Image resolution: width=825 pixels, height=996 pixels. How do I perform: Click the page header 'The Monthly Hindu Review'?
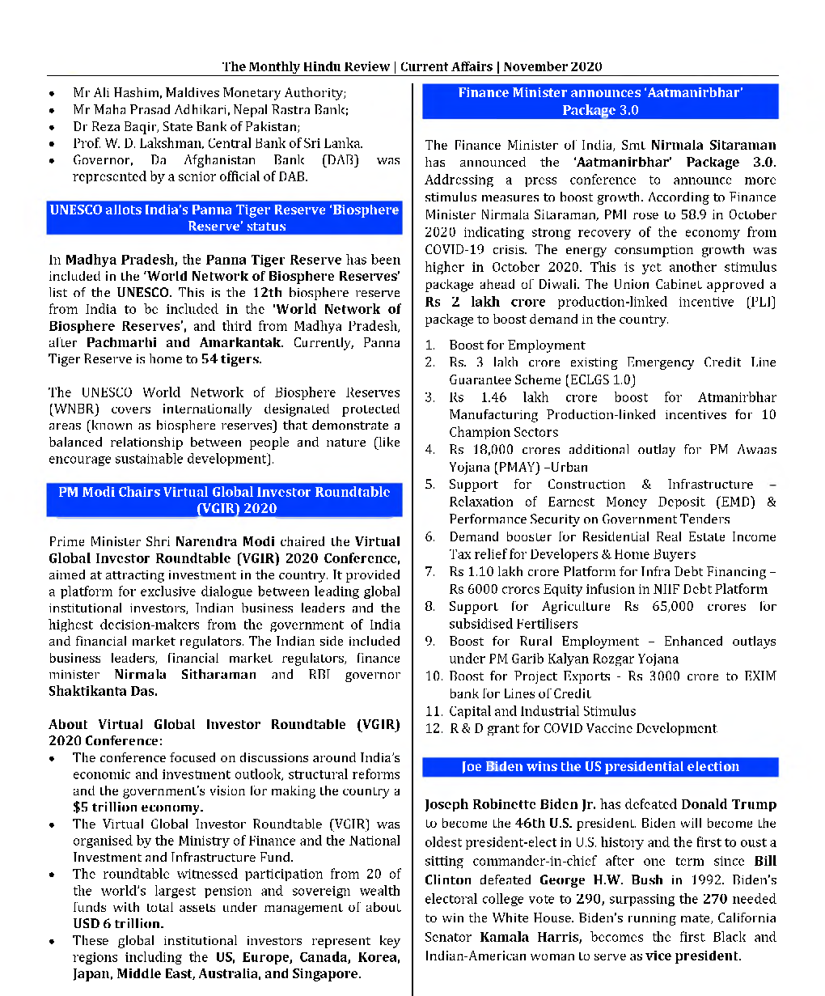307,66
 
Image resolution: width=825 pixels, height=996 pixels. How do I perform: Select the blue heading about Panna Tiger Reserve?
225,218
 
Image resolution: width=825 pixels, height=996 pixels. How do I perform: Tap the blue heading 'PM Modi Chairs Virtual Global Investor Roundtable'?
225,500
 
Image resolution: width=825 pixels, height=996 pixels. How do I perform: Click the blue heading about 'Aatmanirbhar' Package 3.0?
600,101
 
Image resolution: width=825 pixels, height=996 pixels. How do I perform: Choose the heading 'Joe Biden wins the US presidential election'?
600,766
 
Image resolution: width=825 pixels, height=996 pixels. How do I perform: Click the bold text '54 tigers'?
231,359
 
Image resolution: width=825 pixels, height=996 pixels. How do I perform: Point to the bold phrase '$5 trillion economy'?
137,807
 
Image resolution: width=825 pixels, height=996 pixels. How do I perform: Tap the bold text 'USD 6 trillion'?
118,923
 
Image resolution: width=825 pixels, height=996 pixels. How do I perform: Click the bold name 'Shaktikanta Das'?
103,691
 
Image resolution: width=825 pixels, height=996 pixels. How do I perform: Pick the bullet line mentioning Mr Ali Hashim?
209,93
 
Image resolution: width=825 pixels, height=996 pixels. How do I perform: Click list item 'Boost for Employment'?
517,345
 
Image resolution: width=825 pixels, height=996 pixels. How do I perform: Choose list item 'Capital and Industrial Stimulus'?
542,711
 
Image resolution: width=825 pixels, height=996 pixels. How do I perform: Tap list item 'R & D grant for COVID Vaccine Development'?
582,728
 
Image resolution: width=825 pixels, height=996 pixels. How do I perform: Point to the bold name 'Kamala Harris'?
530,937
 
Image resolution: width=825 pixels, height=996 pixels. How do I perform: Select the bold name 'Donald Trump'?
728,804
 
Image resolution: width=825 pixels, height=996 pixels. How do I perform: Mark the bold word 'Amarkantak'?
241,342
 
